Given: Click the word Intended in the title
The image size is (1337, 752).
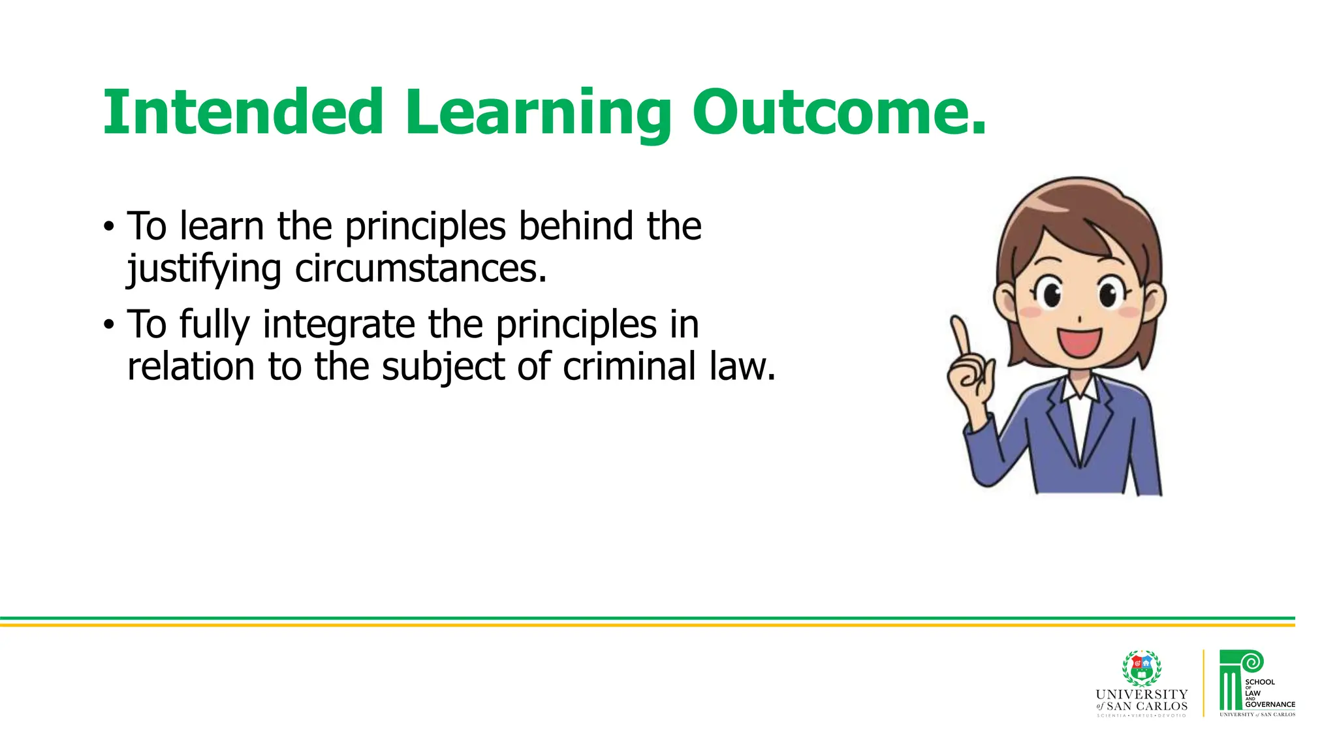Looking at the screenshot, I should click(242, 112).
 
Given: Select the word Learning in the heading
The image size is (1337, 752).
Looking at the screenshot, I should click(537, 112).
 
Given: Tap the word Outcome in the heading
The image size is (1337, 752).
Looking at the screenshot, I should click(830, 112).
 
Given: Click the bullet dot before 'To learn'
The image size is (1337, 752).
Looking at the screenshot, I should click(108, 228).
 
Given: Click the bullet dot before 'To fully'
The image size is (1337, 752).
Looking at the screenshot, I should click(108, 324).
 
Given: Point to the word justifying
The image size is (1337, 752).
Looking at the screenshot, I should click(204, 269).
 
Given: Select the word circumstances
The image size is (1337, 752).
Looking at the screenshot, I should click(420, 269).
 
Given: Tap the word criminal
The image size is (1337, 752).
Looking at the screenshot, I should click(629, 366).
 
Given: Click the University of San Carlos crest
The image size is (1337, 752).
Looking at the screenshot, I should click(1141, 668).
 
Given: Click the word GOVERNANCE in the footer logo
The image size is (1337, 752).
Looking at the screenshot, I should click(1270, 704).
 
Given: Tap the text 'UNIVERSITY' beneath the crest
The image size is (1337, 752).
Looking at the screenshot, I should click(1141, 694).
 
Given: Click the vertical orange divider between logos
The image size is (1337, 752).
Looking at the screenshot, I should click(1203, 683).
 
